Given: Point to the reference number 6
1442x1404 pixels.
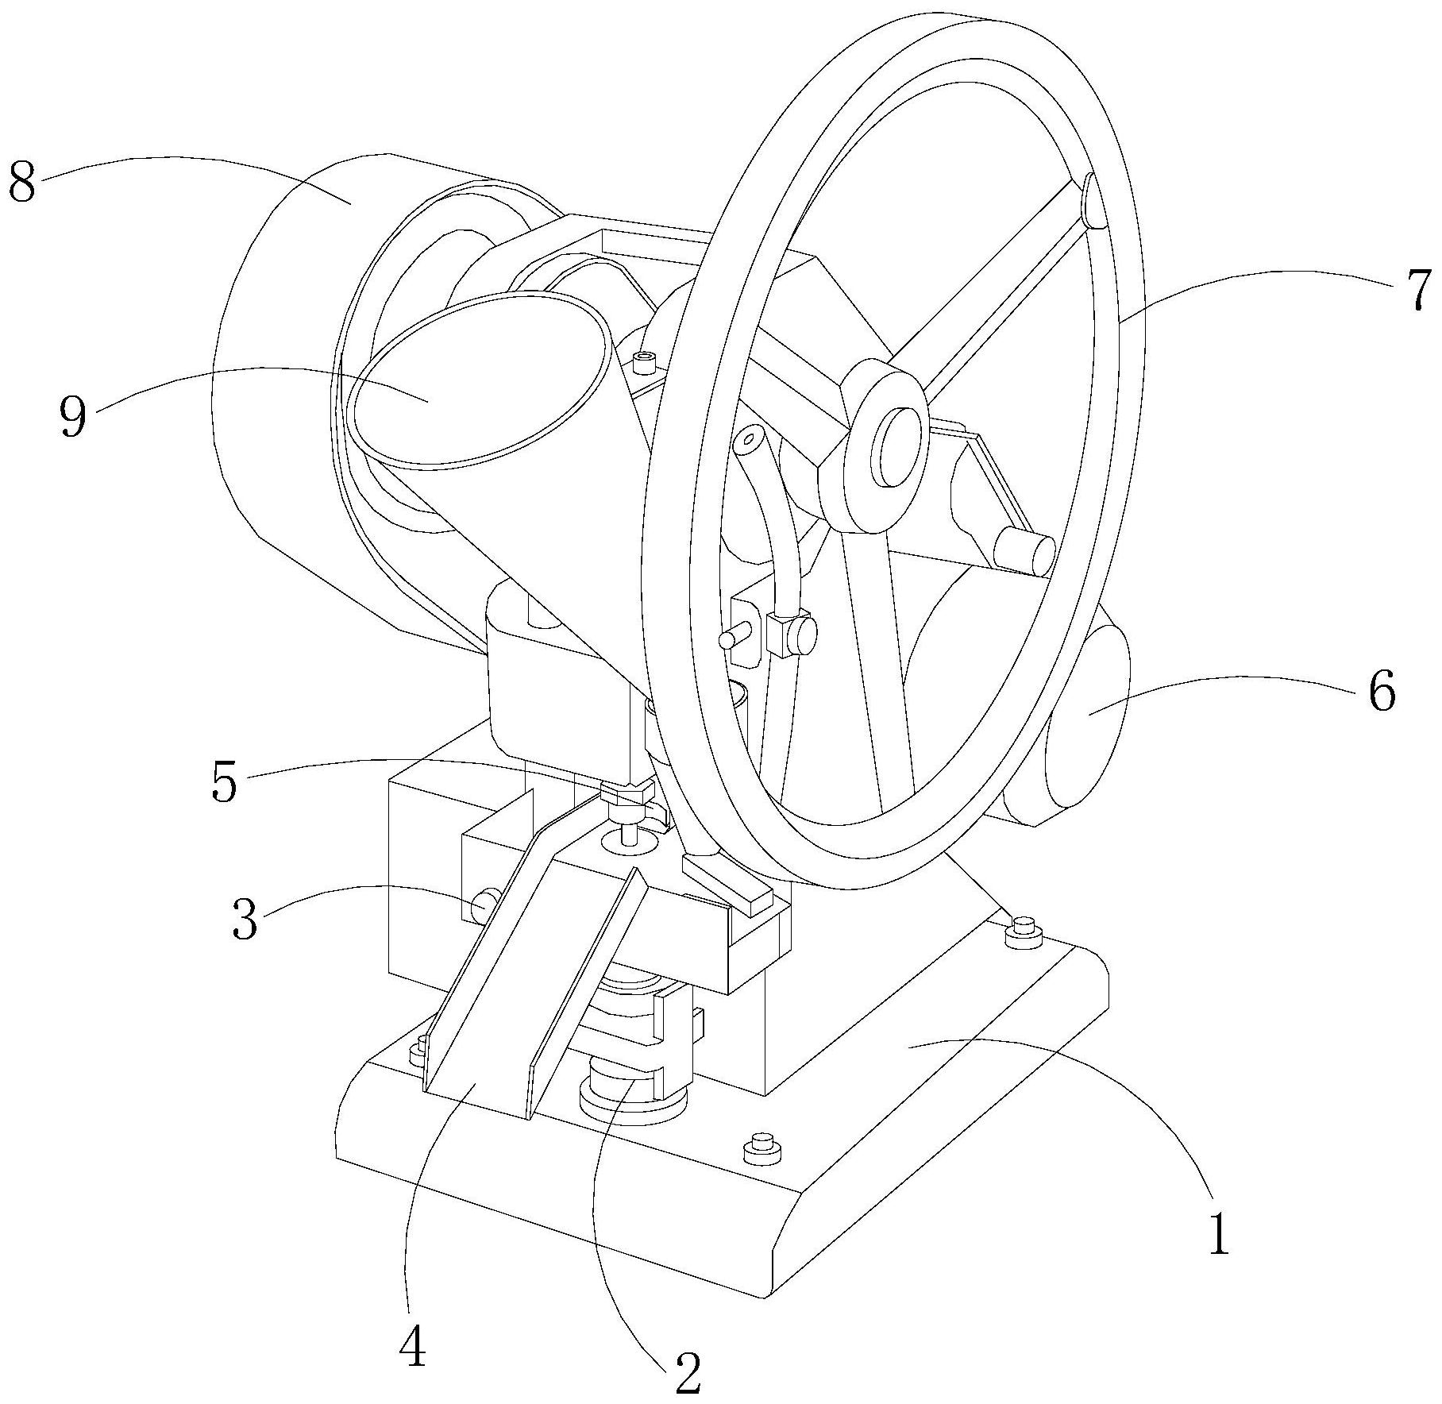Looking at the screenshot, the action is [x=1381, y=690].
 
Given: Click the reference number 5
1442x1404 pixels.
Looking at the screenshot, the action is [x=224, y=782].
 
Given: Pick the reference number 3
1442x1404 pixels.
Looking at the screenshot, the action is [x=245, y=920].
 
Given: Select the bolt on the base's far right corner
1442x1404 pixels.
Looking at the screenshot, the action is [x=1024, y=931].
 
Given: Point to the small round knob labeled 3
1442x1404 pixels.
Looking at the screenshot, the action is [x=485, y=903].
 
